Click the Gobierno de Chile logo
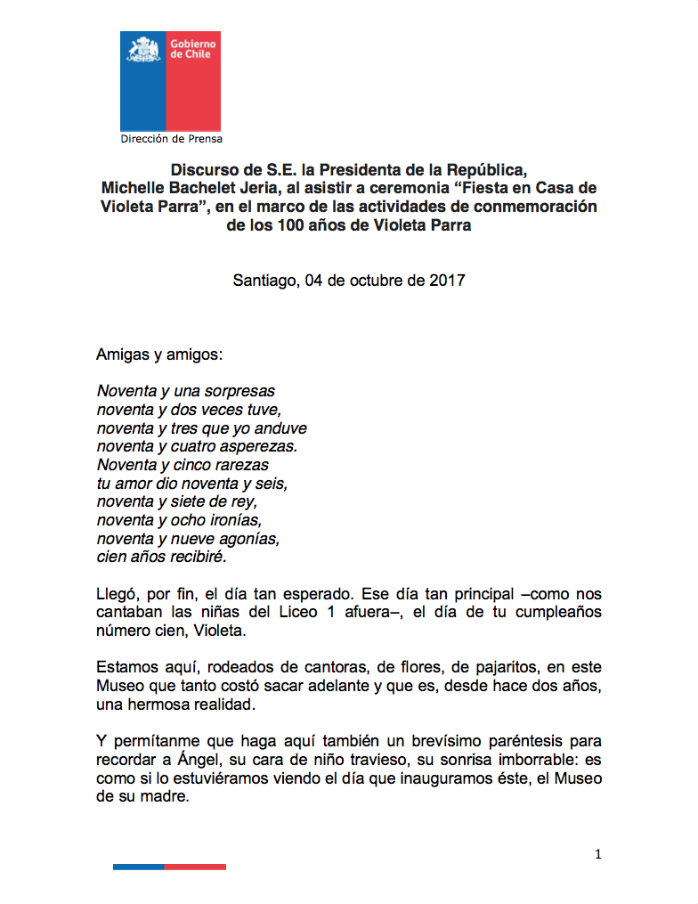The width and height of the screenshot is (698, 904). click(x=170, y=80)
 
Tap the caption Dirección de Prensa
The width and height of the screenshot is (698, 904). click(x=171, y=139)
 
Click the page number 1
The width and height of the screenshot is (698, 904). click(x=598, y=854)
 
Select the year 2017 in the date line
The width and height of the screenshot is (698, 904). click(x=446, y=280)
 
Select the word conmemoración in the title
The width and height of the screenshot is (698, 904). click(x=540, y=207)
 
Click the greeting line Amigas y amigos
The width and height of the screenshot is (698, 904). click(x=159, y=354)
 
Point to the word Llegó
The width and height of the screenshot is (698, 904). click(x=118, y=594)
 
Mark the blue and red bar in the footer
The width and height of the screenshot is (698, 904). click(x=169, y=867)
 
